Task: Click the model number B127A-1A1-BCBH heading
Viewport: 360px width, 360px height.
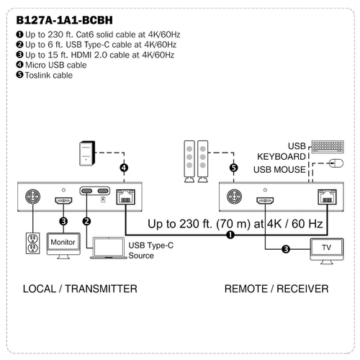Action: pos(64,20)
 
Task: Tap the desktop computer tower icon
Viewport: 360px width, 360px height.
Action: pos(87,153)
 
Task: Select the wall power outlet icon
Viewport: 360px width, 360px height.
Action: pos(33,243)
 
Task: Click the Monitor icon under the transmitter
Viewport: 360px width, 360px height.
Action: pos(63,246)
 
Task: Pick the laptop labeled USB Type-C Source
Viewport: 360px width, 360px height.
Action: pos(109,248)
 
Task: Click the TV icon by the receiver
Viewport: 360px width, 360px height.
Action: pos(327,251)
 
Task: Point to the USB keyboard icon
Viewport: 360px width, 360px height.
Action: pos(328,147)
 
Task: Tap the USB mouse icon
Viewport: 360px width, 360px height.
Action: pos(336,163)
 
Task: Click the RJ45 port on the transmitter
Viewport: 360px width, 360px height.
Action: pos(125,197)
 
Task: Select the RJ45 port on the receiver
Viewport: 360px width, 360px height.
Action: pos(327,197)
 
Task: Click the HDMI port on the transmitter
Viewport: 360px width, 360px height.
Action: pos(63,201)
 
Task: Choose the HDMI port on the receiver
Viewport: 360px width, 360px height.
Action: pos(265,201)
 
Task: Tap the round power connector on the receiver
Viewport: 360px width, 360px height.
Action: pos(234,197)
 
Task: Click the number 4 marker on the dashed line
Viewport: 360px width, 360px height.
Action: pos(124,168)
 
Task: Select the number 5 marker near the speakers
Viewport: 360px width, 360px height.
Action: pos(233,168)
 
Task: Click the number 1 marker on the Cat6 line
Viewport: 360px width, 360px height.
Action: pos(230,235)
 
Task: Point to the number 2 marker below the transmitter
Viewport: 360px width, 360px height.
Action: pos(86,221)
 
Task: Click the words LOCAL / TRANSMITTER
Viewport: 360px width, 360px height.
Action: pos(80,289)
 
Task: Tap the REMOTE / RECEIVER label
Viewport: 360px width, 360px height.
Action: pos(276,289)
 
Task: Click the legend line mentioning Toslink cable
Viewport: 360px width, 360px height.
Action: pos(45,76)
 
